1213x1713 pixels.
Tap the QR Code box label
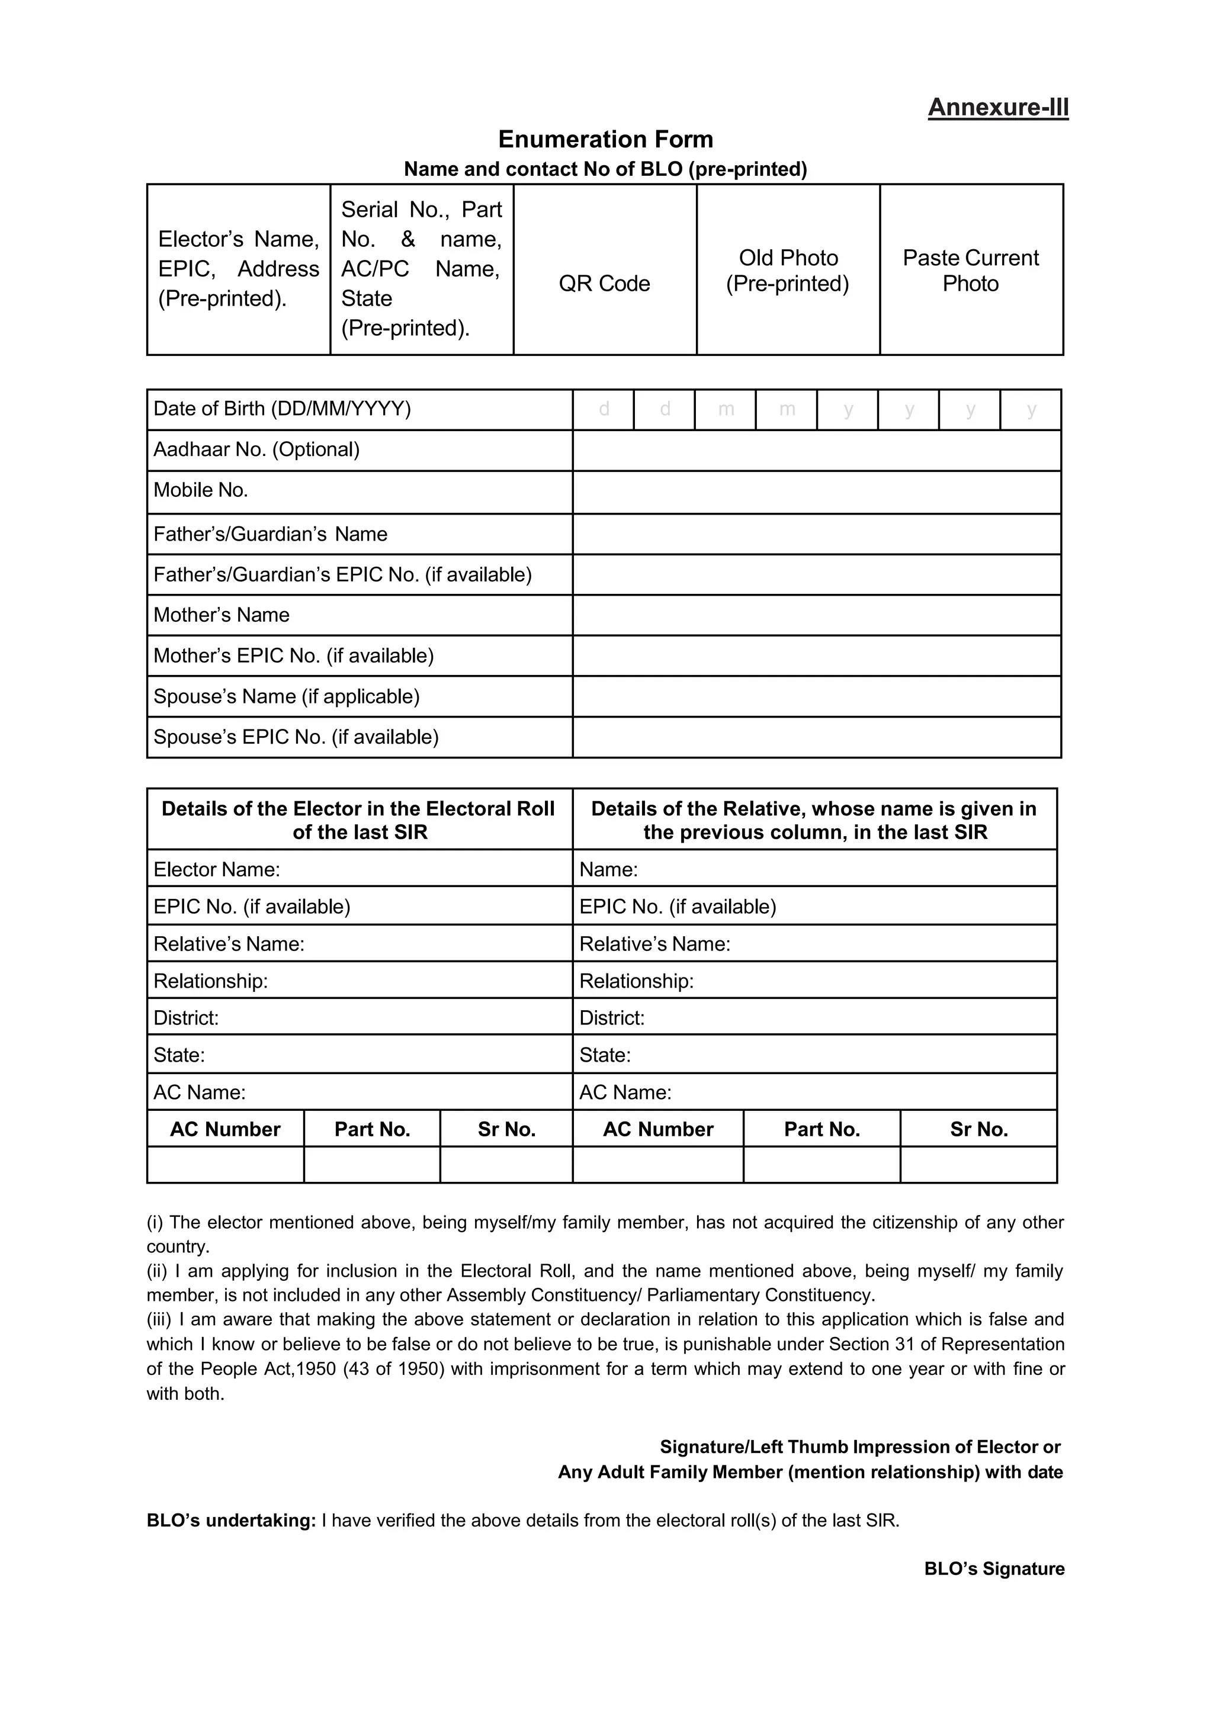604,284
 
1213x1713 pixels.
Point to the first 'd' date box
604,409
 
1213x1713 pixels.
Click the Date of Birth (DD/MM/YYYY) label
283,409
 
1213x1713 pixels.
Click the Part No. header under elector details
372,1129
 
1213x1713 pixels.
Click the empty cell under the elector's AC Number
225,1166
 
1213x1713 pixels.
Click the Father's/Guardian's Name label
271,535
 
